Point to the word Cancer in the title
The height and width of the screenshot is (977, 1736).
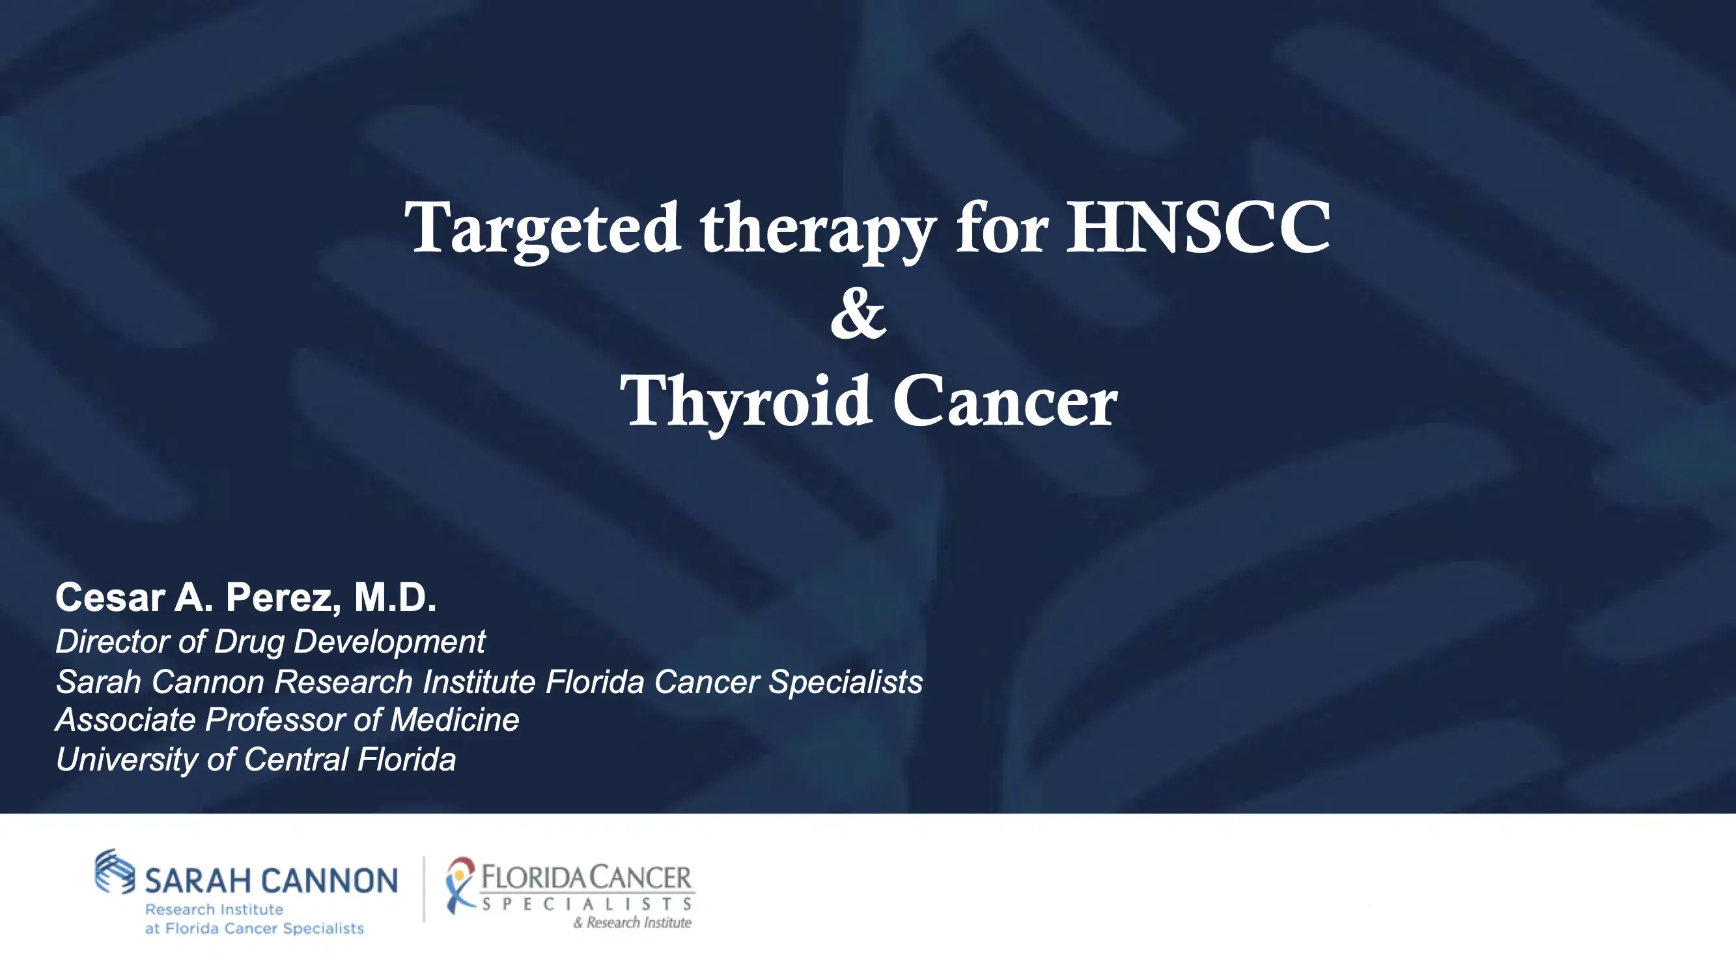pyautogui.click(x=1005, y=403)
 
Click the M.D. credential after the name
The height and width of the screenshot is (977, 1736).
pyautogui.click(x=395, y=597)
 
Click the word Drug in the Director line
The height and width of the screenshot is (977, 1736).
pyautogui.click(x=249, y=641)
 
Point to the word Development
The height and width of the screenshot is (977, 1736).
pyautogui.click(x=389, y=641)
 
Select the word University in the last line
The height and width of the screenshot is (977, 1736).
pyautogui.click(x=126, y=759)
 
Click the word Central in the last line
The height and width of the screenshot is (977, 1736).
pyautogui.click(x=296, y=759)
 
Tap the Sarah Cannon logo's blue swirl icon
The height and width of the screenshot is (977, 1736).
pyautogui.click(x=115, y=870)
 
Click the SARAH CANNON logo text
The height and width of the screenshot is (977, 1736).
pyautogui.click(x=271, y=881)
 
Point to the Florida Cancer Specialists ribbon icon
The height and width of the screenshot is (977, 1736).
pyautogui.click(x=460, y=885)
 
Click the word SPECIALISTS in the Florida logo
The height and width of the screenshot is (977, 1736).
pyautogui.click(x=587, y=903)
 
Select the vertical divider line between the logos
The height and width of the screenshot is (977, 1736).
pyautogui.click(x=424, y=888)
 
